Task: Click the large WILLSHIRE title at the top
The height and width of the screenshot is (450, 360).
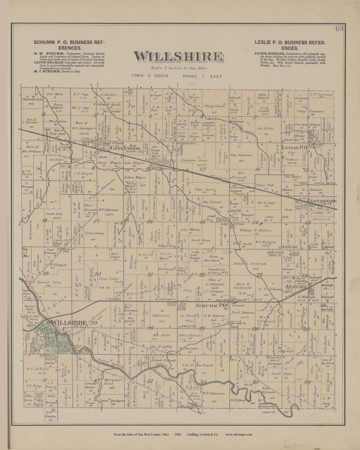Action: (178, 57)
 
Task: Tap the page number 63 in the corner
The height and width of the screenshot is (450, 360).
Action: (339, 29)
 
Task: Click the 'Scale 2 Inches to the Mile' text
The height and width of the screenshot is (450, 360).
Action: (178, 68)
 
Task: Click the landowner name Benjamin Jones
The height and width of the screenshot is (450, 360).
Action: (196, 160)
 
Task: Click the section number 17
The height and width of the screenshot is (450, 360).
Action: (96, 221)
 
